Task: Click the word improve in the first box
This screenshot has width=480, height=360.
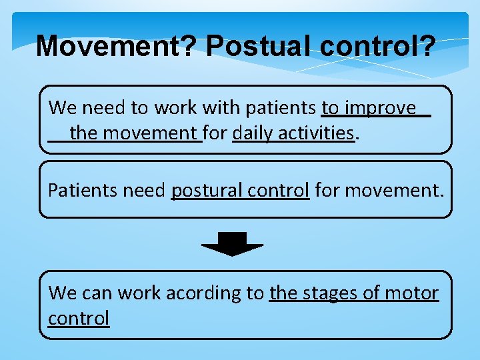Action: click(x=379, y=108)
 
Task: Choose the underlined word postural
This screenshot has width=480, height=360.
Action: click(x=207, y=191)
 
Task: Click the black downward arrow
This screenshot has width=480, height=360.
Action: click(x=232, y=245)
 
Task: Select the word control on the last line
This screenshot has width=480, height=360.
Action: click(x=79, y=319)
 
